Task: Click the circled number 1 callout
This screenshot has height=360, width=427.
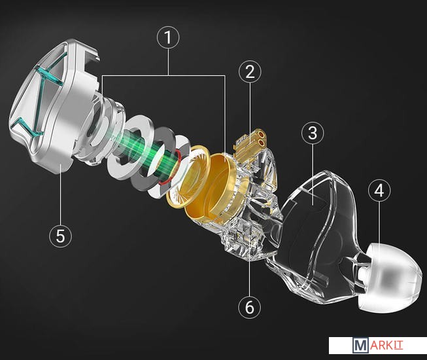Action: (168, 37)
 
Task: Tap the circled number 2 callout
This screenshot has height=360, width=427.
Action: (250, 72)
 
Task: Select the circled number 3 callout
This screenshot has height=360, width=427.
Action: (313, 133)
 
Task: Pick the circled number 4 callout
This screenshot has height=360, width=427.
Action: (379, 190)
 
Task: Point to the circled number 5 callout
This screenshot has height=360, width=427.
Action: (60, 236)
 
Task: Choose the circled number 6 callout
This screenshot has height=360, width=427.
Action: (249, 307)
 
